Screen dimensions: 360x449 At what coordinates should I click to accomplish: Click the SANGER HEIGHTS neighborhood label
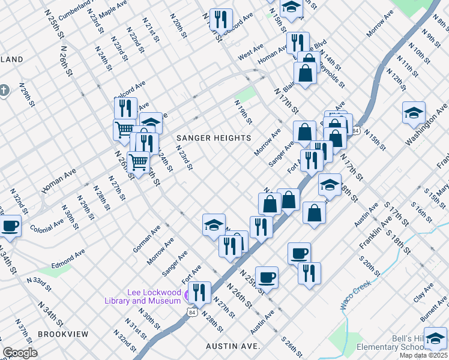(x=213, y=138)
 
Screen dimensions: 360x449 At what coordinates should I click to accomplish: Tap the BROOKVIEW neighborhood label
(x=63, y=334)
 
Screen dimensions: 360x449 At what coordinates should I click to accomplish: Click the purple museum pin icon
(x=189, y=295)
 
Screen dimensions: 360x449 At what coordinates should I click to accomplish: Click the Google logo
(x=20, y=353)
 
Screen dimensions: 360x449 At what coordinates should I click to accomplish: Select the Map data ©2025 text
(x=423, y=355)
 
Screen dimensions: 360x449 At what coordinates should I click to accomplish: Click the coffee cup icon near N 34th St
(x=10, y=227)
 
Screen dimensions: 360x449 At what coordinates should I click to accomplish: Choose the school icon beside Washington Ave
(x=413, y=112)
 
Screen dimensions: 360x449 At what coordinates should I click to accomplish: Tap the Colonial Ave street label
(x=47, y=224)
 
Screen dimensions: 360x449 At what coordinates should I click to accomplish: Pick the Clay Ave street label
(x=427, y=293)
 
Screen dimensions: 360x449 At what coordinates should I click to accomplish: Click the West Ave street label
(x=251, y=54)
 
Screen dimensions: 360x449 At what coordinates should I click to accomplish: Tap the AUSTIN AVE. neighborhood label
(x=232, y=346)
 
